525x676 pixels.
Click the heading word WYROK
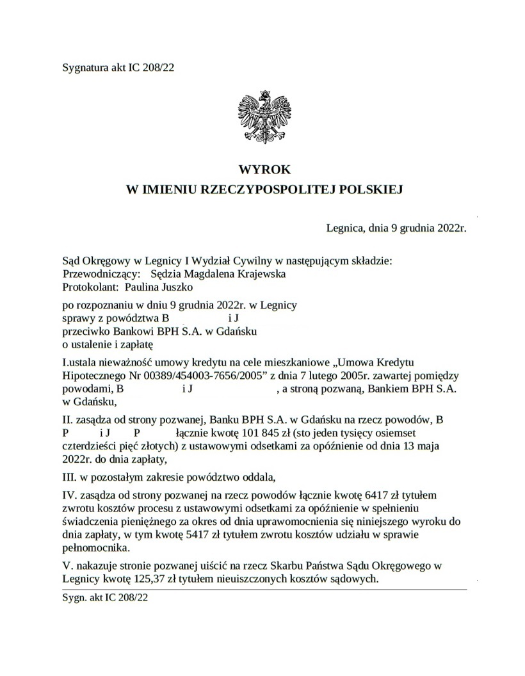coord(264,170)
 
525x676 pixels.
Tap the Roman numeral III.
coord(69,477)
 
